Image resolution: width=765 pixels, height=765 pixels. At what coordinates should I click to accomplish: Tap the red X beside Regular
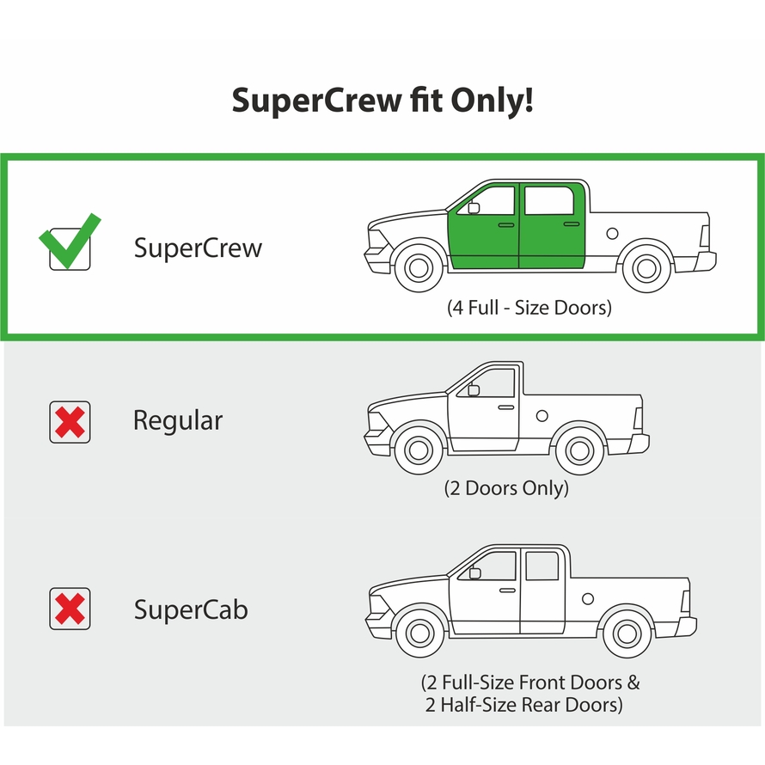tap(70, 422)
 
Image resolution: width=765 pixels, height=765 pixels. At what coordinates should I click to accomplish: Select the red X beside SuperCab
tap(70, 609)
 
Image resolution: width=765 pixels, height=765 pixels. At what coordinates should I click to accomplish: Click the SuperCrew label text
tap(198, 248)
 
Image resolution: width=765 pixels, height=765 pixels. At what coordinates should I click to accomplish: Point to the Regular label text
tap(178, 420)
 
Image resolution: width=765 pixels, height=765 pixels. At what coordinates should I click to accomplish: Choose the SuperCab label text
tap(191, 609)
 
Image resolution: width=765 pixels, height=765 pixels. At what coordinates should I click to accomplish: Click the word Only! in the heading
tap(492, 100)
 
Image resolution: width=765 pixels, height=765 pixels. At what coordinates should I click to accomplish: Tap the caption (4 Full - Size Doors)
tap(529, 308)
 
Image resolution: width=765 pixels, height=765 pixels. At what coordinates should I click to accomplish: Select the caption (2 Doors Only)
tap(506, 488)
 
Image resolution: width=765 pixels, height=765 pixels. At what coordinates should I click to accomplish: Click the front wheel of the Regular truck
tap(419, 450)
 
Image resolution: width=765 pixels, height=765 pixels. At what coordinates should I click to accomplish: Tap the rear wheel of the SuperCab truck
tap(627, 633)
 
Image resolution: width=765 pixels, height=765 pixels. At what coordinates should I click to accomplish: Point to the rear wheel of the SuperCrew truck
tap(646, 268)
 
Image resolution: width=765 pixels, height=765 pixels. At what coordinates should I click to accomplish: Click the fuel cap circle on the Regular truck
tap(542, 416)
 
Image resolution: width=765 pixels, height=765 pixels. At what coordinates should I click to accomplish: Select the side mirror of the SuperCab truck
tap(474, 572)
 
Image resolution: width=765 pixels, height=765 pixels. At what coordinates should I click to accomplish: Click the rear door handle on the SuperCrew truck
tap(572, 224)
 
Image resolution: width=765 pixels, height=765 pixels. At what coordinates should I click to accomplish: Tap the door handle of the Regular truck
tap(506, 407)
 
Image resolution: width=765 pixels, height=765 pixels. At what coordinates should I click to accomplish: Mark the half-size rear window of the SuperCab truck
tap(542, 566)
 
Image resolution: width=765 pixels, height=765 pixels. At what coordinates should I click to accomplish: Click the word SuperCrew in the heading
tap(316, 100)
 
